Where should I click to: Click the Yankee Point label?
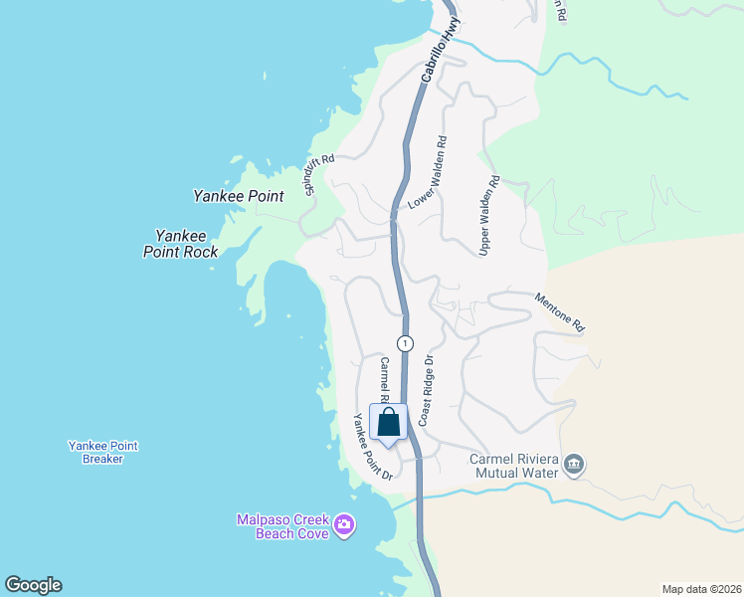[x=239, y=196]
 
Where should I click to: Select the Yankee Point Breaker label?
[x=102, y=453]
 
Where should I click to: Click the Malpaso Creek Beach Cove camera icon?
[x=344, y=524]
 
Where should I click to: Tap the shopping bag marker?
[x=389, y=422]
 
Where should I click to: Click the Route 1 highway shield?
[x=405, y=343]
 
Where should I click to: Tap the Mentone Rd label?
[x=560, y=311]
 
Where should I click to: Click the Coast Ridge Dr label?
[x=426, y=391]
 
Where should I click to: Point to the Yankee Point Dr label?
[x=368, y=448]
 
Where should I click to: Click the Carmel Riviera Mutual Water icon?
[x=575, y=465]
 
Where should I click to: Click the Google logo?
[x=33, y=585]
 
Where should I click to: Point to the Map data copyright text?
[x=701, y=588]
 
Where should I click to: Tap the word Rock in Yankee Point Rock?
[x=199, y=252]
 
